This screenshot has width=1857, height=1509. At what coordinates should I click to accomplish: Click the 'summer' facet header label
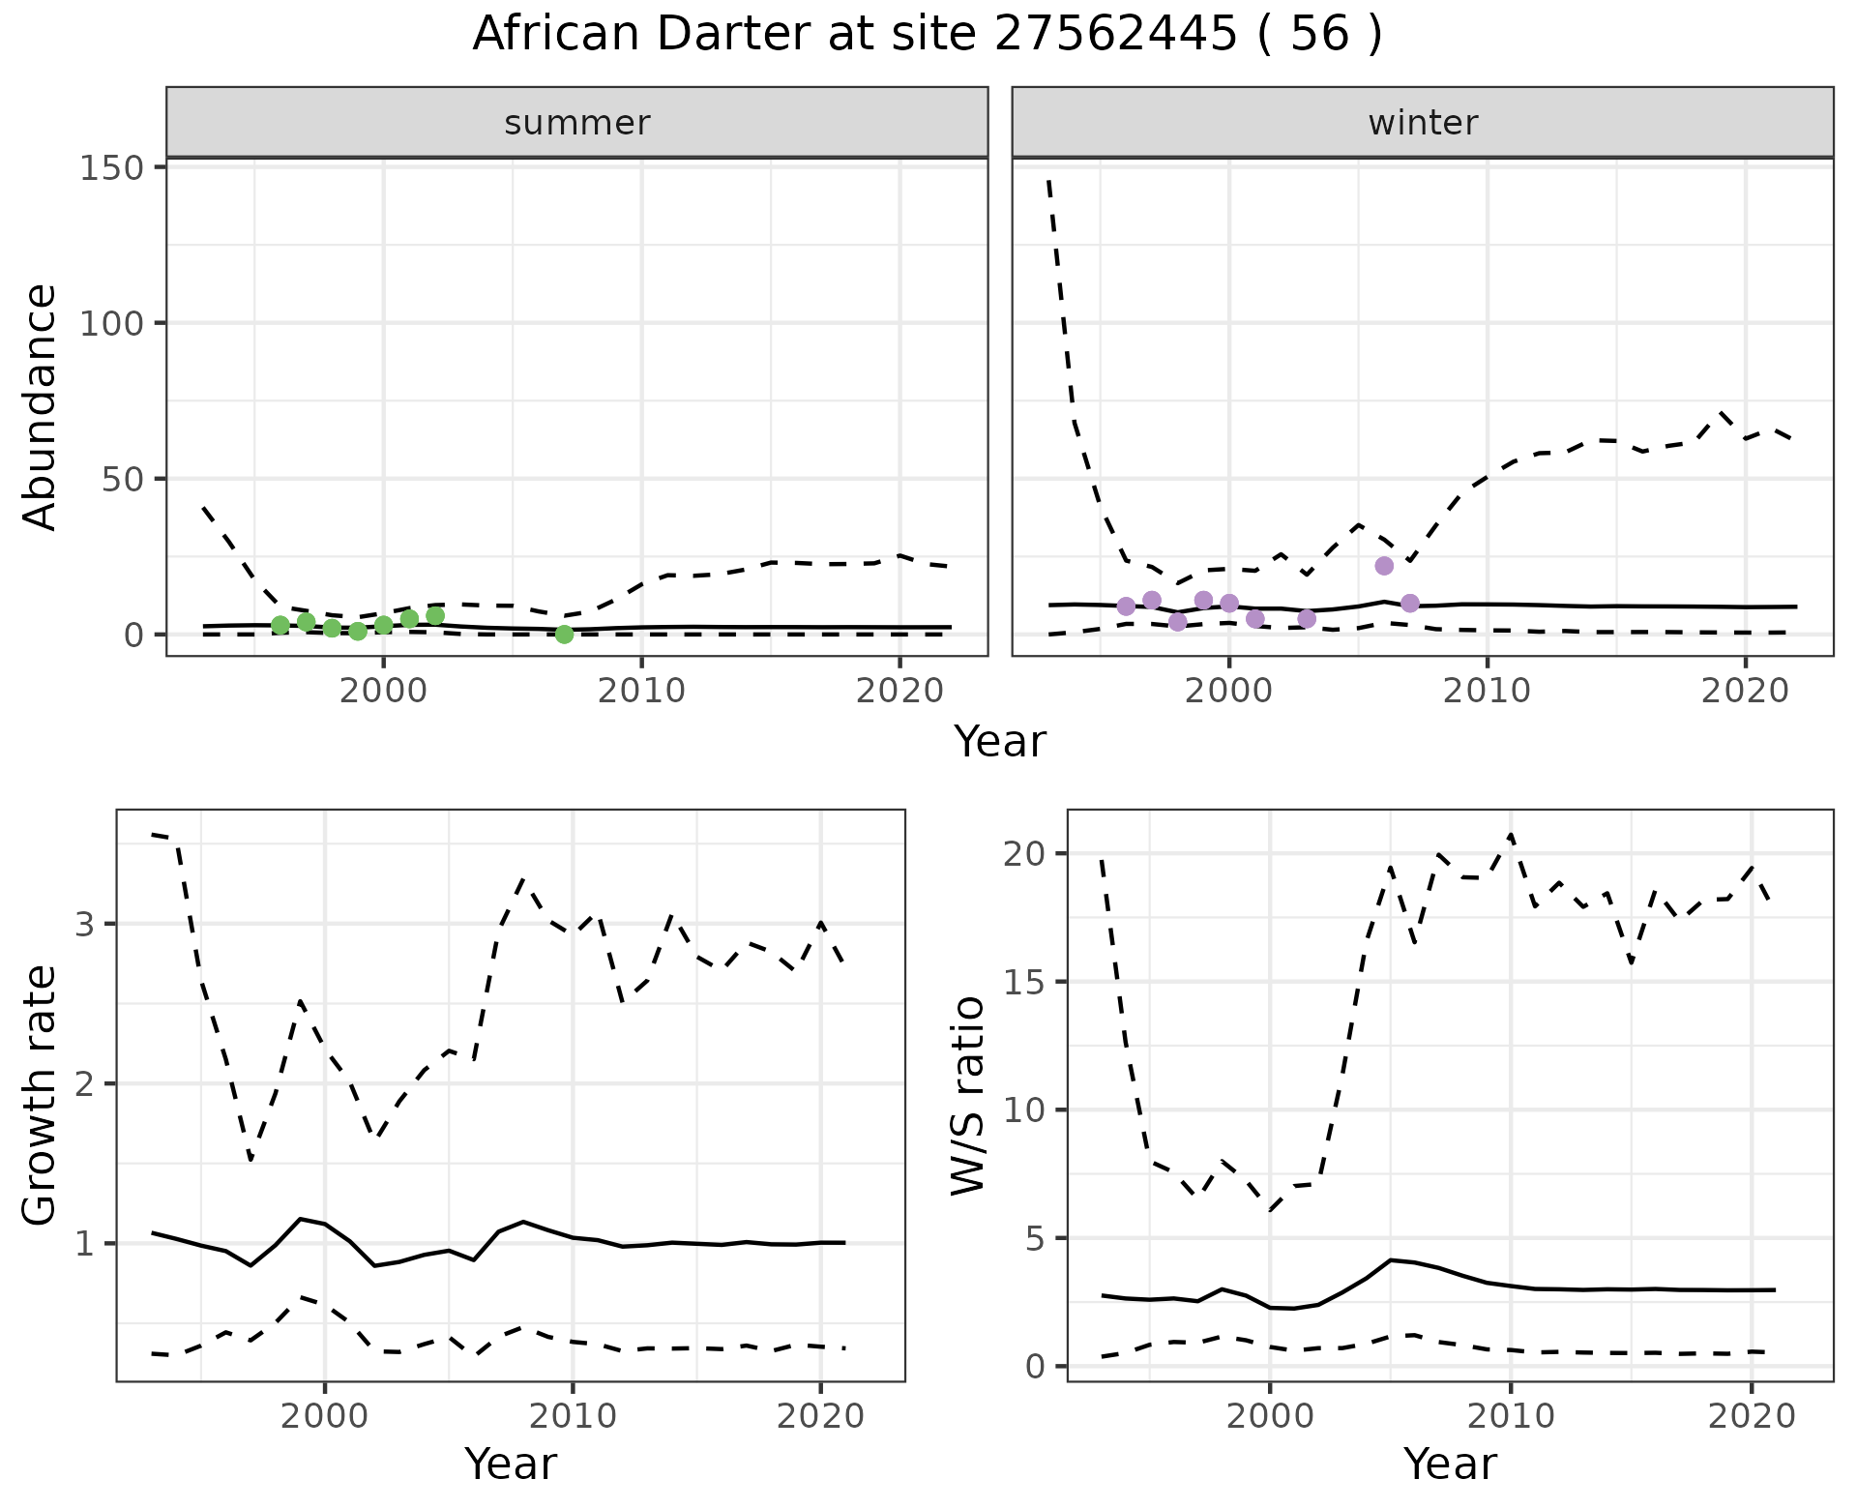click(x=577, y=123)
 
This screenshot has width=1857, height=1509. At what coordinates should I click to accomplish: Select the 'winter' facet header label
click(x=1423, y=123)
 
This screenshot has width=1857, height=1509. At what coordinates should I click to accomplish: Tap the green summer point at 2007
click(x=565, y=635)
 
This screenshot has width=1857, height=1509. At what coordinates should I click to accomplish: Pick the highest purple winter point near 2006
click(x=1384, y=566)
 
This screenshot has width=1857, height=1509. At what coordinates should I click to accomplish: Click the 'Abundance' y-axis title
click(x=41, y=406)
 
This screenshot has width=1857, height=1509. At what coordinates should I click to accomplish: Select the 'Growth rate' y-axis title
click(x=41, y=1095)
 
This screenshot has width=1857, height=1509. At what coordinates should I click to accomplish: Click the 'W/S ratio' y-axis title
click(x=967, y=1095)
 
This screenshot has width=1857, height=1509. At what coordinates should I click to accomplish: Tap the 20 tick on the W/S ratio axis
click(x=1025, y=854)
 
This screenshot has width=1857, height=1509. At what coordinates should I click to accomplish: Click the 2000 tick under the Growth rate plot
click(x=325, y=1417)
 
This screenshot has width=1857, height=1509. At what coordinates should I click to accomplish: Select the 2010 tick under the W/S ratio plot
click(x=1510, y=1417)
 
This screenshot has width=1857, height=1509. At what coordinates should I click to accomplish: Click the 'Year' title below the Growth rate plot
click(x=511, y=1465)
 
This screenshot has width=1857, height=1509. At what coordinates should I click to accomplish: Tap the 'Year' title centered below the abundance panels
click(x=1000, y=742)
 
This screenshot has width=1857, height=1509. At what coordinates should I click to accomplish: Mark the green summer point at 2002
click(x=435, y=616)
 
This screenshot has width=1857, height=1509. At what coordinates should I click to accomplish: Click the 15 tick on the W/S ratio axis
click(x=1025, y=983)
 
